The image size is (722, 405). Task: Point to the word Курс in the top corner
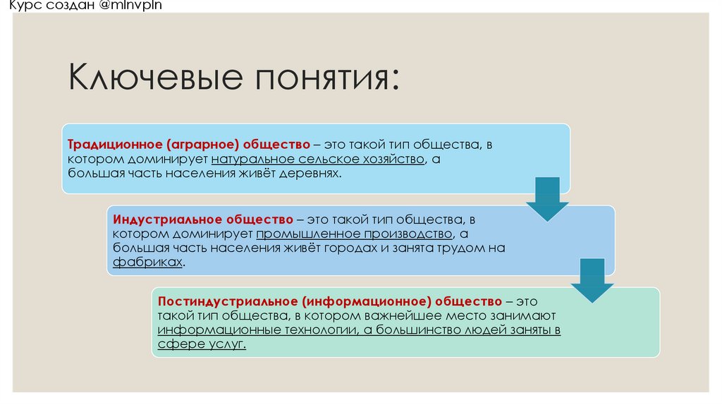tap(16, 8)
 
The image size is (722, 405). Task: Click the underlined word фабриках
tap(147, 262)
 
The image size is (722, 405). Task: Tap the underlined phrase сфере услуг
tap(202, 344)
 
